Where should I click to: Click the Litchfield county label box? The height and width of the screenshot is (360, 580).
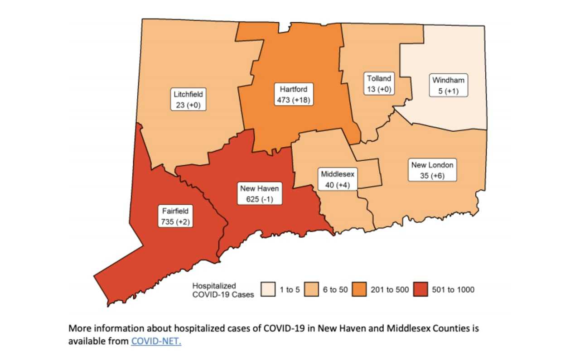click(188, 100)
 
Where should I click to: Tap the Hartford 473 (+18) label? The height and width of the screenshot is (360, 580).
click(293, 94)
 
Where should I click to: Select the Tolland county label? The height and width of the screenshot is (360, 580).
click(379, 84)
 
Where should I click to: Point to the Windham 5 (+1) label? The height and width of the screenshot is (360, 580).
click(448, 86)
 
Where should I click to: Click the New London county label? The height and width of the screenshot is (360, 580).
click(431, 170)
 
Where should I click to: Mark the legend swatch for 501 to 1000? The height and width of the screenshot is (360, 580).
click(421, 289)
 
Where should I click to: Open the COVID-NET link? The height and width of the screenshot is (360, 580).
click(156, 341)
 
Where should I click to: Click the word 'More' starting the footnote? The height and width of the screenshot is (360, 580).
click(78, 328)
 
